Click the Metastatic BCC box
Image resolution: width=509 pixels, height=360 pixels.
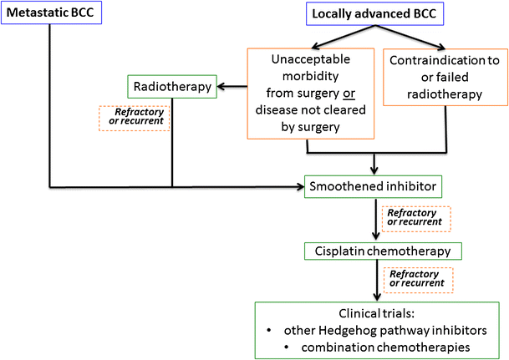(x=51, y=13)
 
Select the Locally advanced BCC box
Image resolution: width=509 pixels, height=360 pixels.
(x=374, y=14)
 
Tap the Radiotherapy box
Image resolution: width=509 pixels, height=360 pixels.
(x=172, y=87)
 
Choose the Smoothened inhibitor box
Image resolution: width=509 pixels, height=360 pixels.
(x=373, y=186)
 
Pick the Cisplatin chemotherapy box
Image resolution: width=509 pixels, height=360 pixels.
(x=383, y=251)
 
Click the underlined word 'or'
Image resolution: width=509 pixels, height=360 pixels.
(x=349, y=94)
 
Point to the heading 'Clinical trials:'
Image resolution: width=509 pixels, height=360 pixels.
(x=377, y=313)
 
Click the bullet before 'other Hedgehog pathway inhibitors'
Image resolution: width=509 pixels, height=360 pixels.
(x=269, y=331)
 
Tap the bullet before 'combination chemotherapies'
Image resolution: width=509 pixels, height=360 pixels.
(x=287, y=347)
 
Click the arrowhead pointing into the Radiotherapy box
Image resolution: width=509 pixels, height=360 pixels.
(x=221, y=87)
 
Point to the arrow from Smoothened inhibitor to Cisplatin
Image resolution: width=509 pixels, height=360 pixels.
(x=376, y=219)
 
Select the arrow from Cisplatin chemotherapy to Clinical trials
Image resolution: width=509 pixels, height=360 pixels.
(x=377, y=280)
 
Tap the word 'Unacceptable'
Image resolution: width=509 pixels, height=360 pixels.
(x=311, y=59)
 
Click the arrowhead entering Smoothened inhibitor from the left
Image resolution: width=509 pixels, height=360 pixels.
(x=300, y=186)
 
